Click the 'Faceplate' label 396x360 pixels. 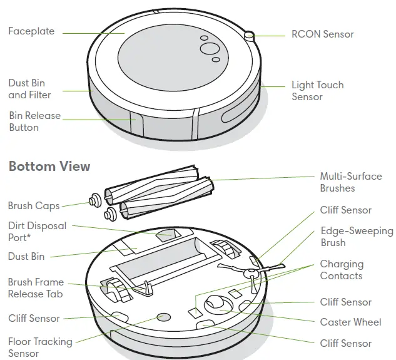pos(31,31)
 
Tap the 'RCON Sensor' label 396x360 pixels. pos(322,34)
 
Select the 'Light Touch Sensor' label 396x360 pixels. pos(317,91)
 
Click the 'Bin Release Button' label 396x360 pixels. pos(34,121)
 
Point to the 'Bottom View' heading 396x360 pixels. pos(49,167)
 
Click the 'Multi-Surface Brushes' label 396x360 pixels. pos(350,182)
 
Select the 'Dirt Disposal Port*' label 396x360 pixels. pos(38,232)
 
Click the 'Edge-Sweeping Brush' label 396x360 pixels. pos(357,236)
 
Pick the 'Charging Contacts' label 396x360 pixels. pos(341,270)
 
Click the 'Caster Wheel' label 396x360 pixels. pos(350,322)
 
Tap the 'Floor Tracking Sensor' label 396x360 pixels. pos(40,347)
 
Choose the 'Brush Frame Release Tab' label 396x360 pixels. pos(36,288)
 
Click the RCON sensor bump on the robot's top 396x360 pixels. pos(249,35)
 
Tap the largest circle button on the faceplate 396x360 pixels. pos(208,49)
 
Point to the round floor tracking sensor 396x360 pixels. pos(165,317)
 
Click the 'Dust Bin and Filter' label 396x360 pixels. pos(29,89)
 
